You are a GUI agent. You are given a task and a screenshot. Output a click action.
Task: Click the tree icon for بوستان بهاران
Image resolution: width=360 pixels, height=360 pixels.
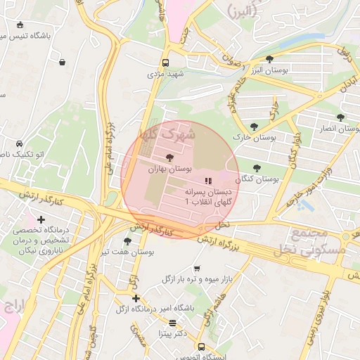169,157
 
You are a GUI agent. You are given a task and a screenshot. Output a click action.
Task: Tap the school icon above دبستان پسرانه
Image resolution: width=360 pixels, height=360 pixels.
207,181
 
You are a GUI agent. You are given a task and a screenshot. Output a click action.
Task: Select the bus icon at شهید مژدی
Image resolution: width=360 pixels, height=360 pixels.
165,62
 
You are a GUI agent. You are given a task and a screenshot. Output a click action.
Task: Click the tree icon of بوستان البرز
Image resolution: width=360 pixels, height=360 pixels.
270,59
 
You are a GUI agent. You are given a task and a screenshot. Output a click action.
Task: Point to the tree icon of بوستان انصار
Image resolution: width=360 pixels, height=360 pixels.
340,117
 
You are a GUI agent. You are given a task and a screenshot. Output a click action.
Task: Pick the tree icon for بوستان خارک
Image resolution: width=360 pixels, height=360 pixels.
254,127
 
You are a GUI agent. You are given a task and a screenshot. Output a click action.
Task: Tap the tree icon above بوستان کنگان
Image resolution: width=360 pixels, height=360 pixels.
256,168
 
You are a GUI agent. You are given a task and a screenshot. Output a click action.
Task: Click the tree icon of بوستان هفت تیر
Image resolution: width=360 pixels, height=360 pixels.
127,241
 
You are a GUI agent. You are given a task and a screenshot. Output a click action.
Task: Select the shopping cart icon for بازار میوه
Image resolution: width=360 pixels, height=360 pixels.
196,269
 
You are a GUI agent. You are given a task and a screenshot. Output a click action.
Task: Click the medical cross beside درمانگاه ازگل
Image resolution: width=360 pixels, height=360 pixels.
136,299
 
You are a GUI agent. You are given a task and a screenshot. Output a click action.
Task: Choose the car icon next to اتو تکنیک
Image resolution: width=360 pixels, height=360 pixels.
20,143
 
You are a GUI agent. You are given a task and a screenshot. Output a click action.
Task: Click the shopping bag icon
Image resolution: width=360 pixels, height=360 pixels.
63,62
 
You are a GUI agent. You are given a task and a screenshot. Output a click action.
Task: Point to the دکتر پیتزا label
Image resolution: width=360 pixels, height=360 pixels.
172,333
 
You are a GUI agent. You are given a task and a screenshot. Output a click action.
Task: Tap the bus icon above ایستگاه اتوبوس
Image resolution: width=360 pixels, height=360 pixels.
201,347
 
